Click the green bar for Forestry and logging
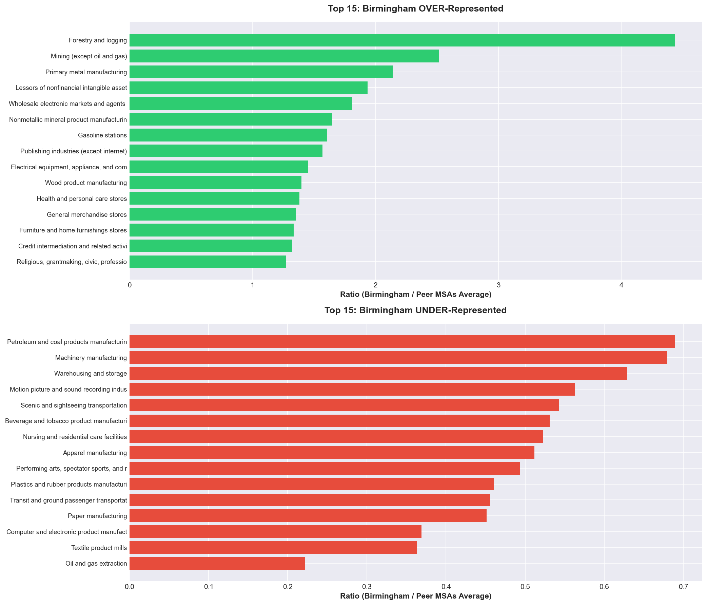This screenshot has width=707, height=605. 402,40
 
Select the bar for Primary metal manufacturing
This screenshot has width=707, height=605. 261,72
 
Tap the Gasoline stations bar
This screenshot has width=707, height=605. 228,135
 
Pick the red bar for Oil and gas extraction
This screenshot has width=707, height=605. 217,563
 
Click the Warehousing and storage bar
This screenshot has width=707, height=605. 378,374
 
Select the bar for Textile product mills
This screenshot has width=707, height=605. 273,548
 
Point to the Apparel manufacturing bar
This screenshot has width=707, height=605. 332,453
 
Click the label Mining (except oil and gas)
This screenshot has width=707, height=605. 89,56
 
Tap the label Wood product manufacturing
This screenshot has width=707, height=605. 86,183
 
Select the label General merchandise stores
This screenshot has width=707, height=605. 87,215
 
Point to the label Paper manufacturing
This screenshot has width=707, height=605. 97,516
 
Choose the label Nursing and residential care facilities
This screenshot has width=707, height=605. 75,437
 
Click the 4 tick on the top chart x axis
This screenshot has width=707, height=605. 621,285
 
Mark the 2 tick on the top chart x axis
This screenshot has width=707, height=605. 375,285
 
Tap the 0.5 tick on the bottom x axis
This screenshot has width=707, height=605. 525,587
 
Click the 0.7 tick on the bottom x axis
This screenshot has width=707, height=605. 683,587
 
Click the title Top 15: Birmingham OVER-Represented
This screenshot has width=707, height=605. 416,9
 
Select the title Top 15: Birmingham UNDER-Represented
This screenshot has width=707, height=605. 416,310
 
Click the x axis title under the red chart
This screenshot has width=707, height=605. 416,596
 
